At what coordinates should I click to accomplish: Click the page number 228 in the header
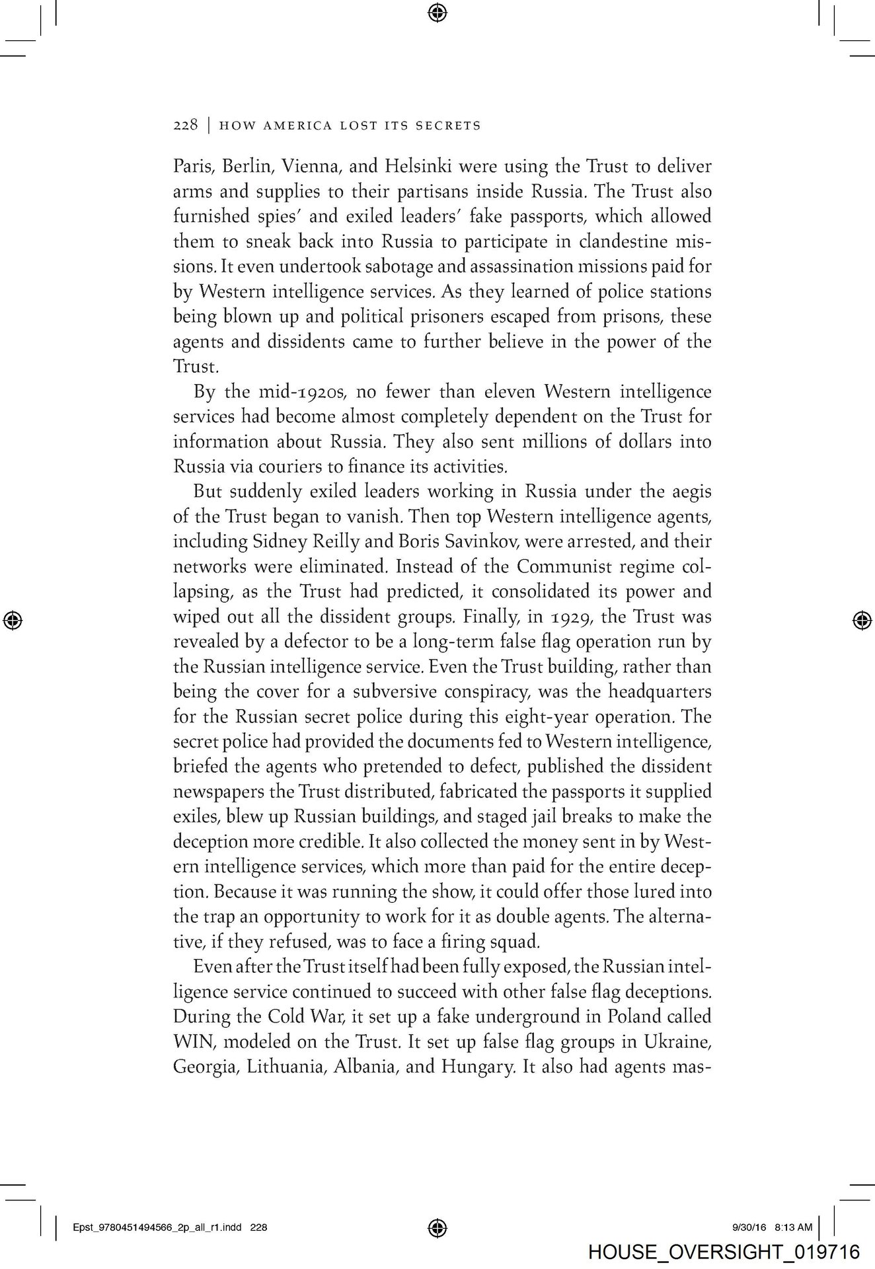pos(185,125)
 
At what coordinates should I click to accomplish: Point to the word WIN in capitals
pos(189,1042)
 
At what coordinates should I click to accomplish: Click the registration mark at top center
pos(437,12)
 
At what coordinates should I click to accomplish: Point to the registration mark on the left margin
pos(13,619)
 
